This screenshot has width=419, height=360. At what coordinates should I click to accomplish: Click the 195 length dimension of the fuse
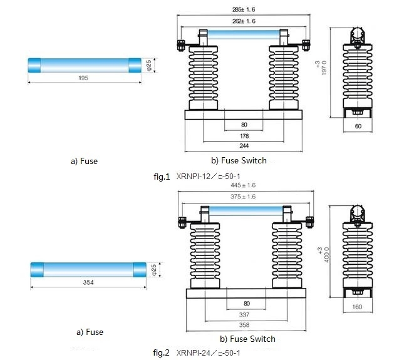pos(84,78)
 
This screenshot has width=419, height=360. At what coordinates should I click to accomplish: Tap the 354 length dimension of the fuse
pos(88,283)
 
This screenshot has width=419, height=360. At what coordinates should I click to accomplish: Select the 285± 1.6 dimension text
pos(243,10)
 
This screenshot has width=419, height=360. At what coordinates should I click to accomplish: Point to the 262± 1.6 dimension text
pos(243,21)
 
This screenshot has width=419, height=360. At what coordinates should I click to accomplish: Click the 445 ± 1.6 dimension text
pos(243,185)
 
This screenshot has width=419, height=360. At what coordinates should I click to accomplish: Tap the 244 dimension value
pos(244,147)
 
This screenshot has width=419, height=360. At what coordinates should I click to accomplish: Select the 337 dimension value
pos(245,315)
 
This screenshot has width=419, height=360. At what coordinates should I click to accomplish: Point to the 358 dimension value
pos(245,325)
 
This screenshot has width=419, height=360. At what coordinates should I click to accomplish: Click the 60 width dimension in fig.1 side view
pos(358,126)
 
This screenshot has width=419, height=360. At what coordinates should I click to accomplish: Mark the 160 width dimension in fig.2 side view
pos(358,306)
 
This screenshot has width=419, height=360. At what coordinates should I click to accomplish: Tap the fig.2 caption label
pos(161,352)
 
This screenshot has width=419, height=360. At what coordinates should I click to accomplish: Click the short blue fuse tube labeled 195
pos(84,64)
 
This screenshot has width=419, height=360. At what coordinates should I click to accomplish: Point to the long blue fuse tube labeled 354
pos(88,269)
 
